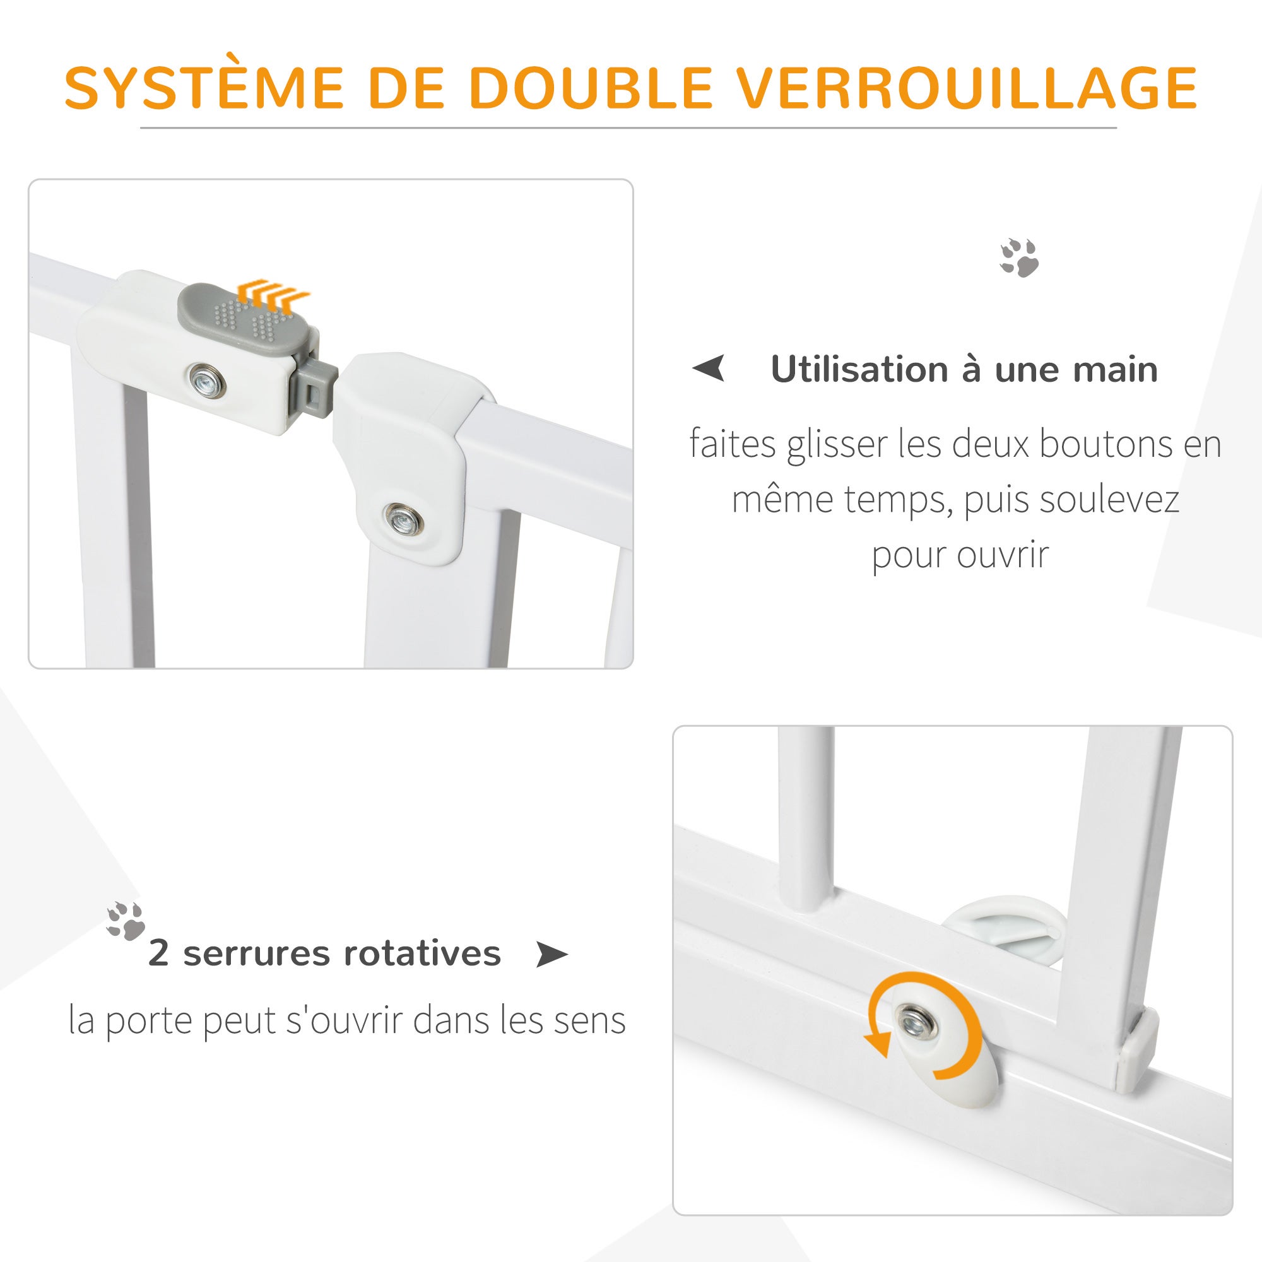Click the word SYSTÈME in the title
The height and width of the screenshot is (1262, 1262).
[204, 88]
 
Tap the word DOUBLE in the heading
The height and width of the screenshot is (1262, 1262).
[590, 88]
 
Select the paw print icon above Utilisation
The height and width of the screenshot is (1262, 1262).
[1020, 258]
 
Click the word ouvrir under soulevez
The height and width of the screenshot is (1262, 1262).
[1002, 555]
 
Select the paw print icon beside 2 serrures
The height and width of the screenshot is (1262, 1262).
[126, 921]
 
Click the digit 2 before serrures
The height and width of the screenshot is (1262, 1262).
[159, 953]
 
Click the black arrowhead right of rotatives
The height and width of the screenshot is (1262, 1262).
[551, 955]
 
